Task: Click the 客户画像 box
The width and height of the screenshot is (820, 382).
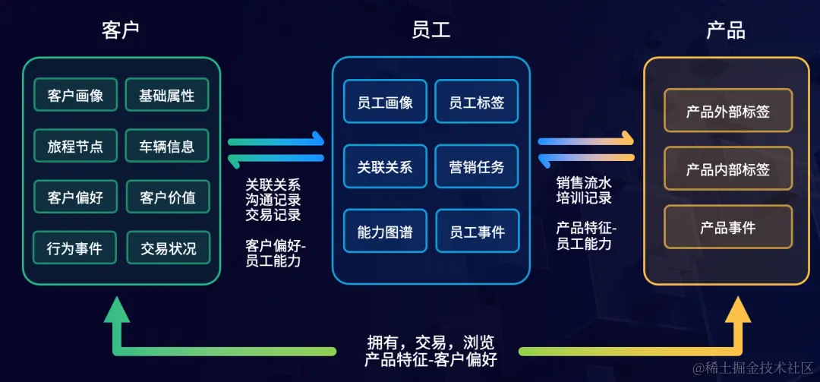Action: (x=75, y=96)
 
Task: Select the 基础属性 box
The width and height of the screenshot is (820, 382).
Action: (x=166, y=96)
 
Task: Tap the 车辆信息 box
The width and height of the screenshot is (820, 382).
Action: (x=166, y=146)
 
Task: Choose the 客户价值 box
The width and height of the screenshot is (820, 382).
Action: (x=166, y=197)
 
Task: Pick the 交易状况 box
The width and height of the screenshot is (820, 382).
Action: (x=166, y=248)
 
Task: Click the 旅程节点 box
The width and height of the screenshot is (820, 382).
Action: (x=75, y=146)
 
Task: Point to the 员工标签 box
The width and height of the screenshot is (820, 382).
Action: (x=477, y=102)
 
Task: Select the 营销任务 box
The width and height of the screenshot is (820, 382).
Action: (x=477, y=166)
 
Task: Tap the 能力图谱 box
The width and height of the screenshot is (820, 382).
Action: (x=385, y=232)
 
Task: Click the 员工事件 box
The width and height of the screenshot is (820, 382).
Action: (x=477, y=232)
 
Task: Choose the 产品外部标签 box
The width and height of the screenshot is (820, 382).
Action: (x=727, y=112)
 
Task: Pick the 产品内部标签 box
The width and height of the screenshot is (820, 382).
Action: (x=727, y=169)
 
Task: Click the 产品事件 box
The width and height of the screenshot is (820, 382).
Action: (x=727, y=226)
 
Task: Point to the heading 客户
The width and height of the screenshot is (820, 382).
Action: (x=121, y=30)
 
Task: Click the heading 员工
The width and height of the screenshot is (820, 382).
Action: (x=430, y=30)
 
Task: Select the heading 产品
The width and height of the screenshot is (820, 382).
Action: (x=726, y=30)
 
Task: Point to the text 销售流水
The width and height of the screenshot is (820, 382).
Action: (x=584, y=184)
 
